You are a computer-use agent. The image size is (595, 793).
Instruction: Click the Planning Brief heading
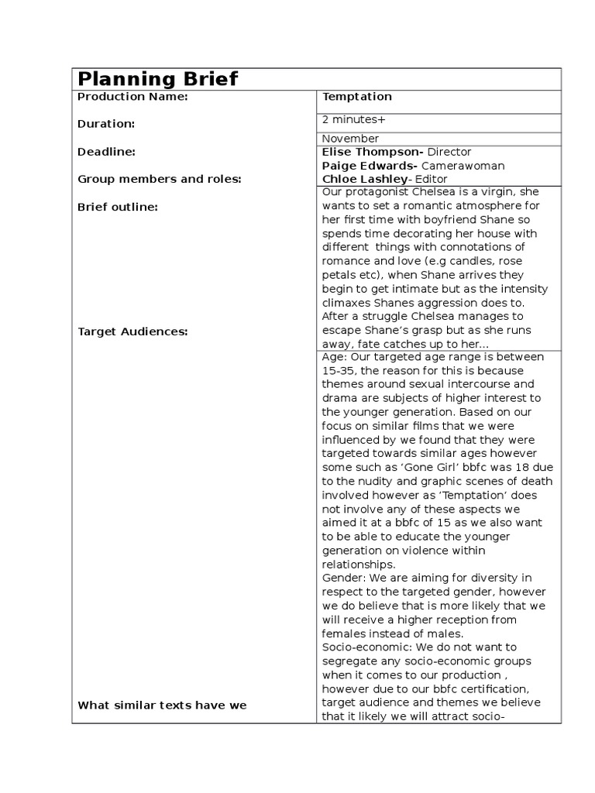pos(158,79)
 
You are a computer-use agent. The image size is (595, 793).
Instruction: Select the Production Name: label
pos(132,97)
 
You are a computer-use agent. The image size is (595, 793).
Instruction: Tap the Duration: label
pos(106,124)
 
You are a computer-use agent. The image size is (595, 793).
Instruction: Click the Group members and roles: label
pos(159,179)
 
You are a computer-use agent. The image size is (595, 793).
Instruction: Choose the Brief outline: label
pos(118,207)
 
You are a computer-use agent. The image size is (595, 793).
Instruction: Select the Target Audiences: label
pos(132,331)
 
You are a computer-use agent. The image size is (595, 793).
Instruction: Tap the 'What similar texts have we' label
pos(162,704)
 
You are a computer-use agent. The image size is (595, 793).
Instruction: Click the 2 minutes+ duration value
pos(353,120)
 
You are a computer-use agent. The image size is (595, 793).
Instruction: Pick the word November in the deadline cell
pos(350,139)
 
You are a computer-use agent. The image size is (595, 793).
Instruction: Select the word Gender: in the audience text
pos(343,578)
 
